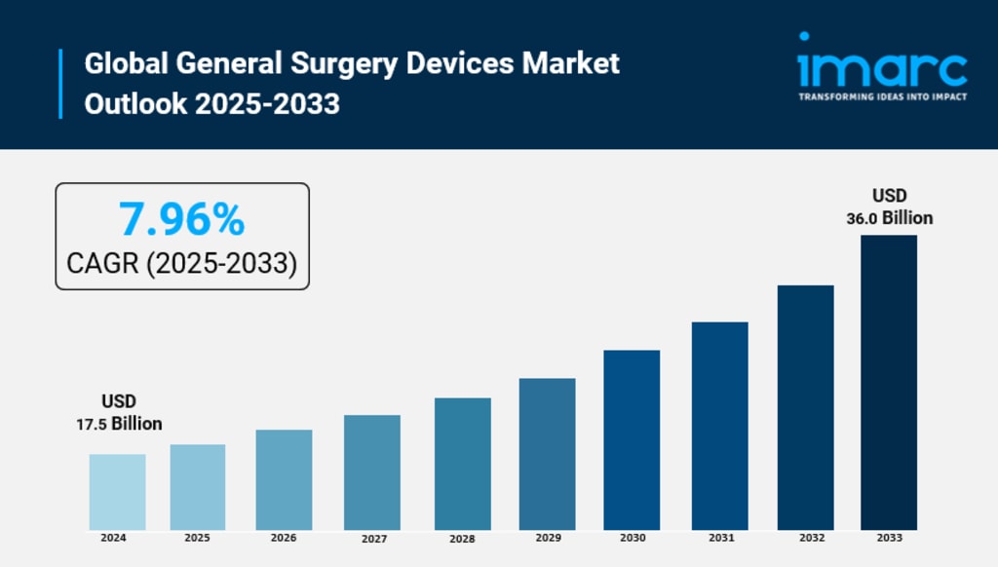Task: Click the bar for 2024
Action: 117,492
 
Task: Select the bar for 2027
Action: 372,472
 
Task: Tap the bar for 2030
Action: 632,439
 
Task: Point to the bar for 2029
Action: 547,454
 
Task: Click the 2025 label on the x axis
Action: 198,538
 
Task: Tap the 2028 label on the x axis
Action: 463,539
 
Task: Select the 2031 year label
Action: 722,538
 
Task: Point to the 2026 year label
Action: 284,538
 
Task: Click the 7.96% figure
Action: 181,219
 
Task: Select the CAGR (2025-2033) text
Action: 181,262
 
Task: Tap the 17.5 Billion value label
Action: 119,424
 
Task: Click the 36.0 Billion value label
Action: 889,218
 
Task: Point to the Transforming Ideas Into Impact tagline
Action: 882,96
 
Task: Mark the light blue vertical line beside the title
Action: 60,84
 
